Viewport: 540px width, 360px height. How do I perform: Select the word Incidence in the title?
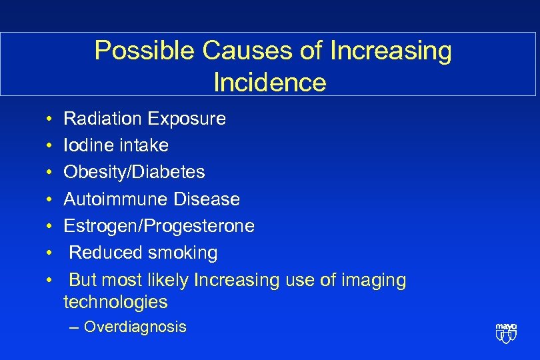(269, 82)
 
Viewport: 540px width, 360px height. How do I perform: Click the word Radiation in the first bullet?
(103, 119)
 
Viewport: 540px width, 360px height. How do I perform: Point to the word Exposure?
(187, 119)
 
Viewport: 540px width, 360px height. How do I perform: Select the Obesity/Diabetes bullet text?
(134, 172)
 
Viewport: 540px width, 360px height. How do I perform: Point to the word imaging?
(373, 281)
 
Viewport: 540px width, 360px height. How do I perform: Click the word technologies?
(115, 302)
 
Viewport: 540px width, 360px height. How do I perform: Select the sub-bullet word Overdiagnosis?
(135, 327)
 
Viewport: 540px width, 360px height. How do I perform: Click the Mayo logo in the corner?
(506, 331)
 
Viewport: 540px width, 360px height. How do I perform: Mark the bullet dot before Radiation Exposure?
(51, 119)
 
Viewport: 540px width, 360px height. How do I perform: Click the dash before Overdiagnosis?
(73, 327)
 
